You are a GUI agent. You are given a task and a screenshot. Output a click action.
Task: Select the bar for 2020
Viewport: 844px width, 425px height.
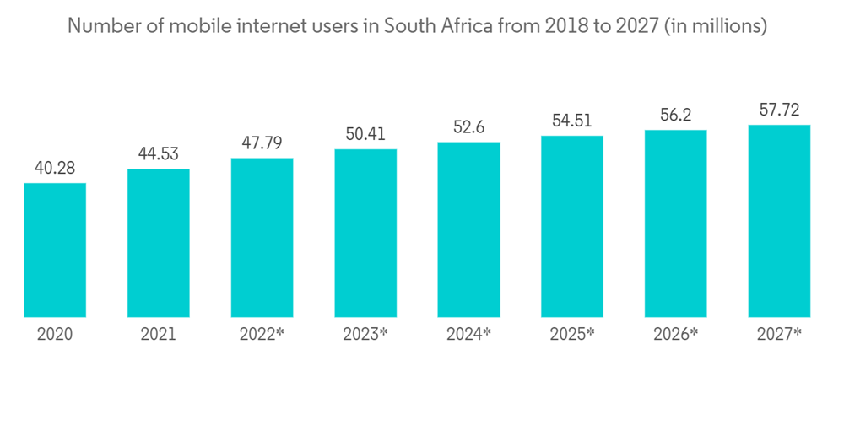pyautogui.click(x=55, y=250)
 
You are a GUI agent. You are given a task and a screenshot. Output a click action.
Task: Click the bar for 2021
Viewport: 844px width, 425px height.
pyautogui.click(x=159, y=243)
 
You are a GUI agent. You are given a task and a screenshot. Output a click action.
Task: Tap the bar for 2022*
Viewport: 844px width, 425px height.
pyautogui.click(x=262, y=237)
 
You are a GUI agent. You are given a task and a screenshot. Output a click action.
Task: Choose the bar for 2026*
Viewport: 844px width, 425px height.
pyautogui.click(x=675, y=223)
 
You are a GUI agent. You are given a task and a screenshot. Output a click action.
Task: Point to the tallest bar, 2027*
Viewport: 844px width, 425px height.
pyautogui.click(x=779, y=221)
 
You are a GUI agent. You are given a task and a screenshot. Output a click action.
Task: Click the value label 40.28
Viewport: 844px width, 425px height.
pyautogui.click(x=55, y=169)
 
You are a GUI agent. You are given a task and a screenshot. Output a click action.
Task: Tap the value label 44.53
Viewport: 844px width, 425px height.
pyautogui.click(x=159, y=154)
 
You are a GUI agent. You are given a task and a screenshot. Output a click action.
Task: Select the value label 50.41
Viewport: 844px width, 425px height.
pyautogui.click(x=365, y=134)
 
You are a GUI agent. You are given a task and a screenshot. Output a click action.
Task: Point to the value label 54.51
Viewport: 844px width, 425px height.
pyautogui.click(x=572, y=121)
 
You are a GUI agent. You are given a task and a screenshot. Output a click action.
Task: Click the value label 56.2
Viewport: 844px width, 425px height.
pyautogui.click(x=675, y=116)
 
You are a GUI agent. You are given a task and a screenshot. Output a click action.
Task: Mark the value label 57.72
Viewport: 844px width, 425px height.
pyautogui.click(x=779, y=110)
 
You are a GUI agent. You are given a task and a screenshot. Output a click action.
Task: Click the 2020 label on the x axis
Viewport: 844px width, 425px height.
pyautogui.click(x=55, y=335)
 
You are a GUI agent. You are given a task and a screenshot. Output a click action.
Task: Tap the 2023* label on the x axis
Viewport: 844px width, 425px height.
pyautogui.click(x=365, y=335)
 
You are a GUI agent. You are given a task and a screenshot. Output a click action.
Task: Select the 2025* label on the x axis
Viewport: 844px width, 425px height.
pyautogui.click(x=572, y=335)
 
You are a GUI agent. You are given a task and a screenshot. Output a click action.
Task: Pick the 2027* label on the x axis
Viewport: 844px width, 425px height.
pyautogui.click(x=779, y=335)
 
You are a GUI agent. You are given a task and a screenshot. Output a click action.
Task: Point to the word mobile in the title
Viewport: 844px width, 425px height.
pyautogui.click(x=200, y=26)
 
